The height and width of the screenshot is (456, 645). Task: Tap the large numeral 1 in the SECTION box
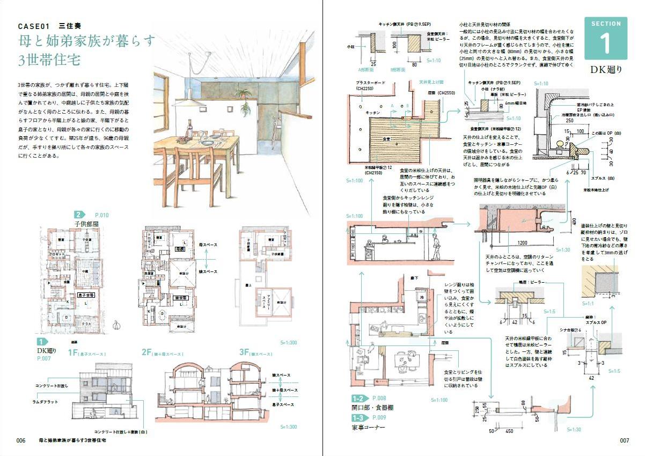pos(605,43)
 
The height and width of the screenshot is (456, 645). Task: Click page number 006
pos(21,440)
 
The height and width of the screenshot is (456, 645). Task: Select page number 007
pos(624,440)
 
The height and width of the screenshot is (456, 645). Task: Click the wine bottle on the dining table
pos(189,130)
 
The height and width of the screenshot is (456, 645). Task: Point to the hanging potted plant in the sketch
pos(246,109)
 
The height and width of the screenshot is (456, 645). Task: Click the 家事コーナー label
pos(370,428)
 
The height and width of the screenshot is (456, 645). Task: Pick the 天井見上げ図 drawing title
pos(431,83)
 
